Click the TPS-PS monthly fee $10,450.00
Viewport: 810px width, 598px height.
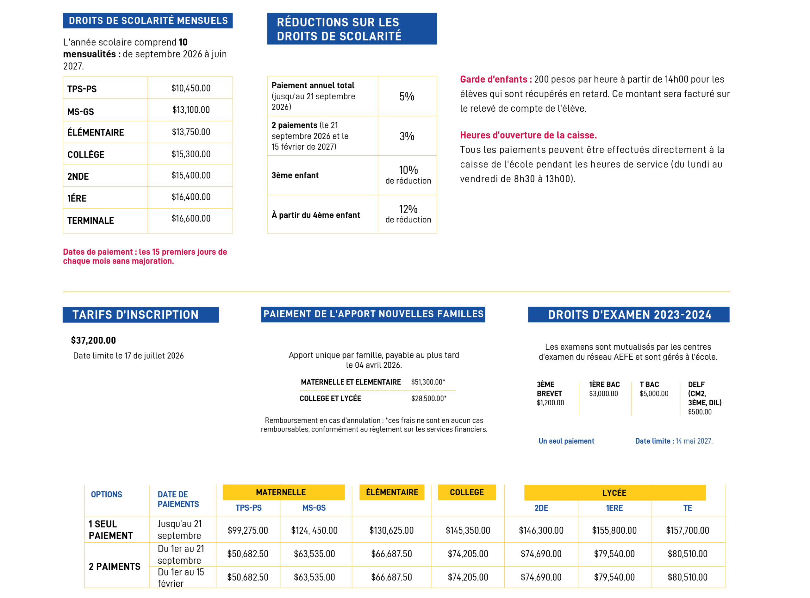pos(191,88)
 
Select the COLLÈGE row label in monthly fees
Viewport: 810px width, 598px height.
pos(86,155)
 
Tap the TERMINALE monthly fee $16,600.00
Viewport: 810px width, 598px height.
pos(191,219)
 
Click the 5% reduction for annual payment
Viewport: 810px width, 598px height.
pos(407,97)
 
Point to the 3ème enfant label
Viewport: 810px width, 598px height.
pos(295,176)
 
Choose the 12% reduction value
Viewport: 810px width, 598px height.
pos(408,209)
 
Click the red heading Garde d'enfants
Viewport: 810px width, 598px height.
pos(496,79)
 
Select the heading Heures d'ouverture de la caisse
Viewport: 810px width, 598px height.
pos(528,135)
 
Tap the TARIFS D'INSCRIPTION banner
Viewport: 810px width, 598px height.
pos(141,315)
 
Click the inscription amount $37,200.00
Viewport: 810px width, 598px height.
pos(93,341)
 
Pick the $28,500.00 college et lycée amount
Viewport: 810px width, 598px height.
pos(429,399)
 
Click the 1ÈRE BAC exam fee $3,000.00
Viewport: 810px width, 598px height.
pos(604,394)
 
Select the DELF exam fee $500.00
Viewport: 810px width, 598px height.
pos(700,412)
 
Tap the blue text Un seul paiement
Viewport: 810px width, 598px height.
pos(566,441)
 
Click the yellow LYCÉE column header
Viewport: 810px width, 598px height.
pos(615,493)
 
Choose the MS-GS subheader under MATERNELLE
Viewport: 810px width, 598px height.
pos(314,508)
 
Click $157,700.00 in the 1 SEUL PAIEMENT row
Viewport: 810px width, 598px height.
pos(688,531)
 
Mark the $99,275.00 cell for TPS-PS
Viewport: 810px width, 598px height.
pos(248,531)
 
